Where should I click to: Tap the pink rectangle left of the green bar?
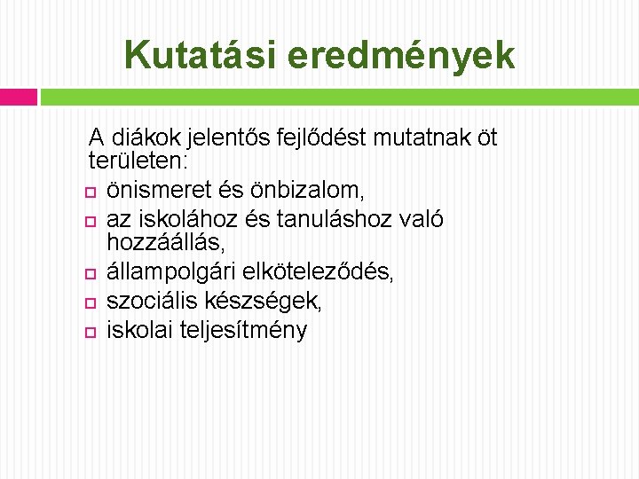[x=19, y=97]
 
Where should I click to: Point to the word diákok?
[x=144, y=138]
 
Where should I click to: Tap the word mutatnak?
[x=416, y=138]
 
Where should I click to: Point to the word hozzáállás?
[x=164, y=241]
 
